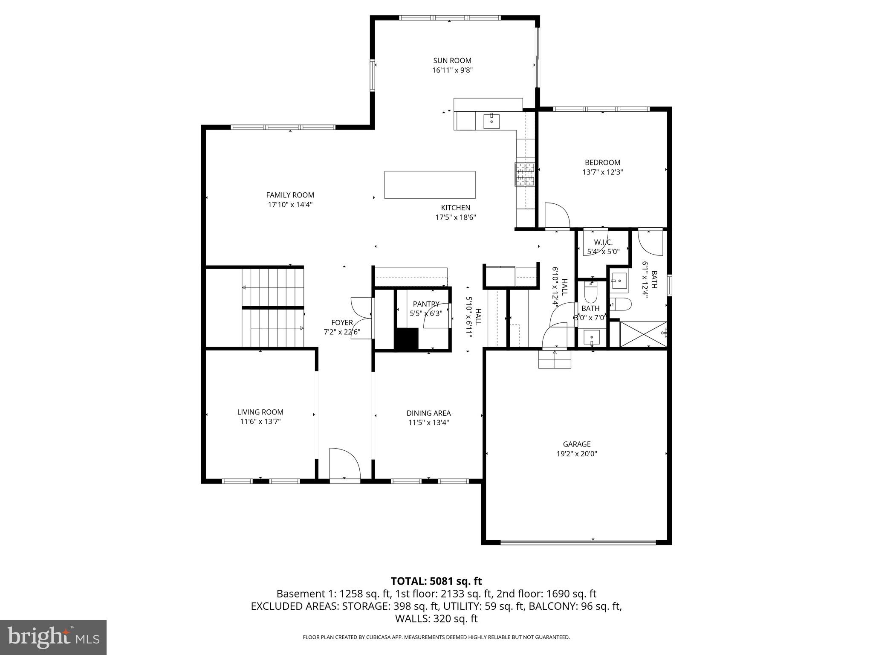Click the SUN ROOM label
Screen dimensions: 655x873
click(452, 61)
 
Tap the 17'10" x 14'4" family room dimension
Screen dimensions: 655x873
click(290, 205)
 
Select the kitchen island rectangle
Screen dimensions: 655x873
click(430, 185)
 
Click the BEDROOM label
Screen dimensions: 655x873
click(602, 162)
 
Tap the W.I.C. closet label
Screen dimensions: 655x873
click(603, 242)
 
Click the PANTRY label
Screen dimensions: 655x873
click(426, 304)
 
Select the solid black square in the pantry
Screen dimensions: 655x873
click(406, 339)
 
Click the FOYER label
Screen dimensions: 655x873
click(342, 323)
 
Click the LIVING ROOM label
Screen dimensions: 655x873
click(260, 412)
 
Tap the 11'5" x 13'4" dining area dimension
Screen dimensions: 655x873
click(428, 423)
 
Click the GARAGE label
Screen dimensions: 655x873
click(576, 444)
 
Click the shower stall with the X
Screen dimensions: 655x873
click(643, 334)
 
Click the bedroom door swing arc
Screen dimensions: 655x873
click(557, 216)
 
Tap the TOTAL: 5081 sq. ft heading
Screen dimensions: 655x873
click(436, 581)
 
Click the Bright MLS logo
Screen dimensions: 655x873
click(53, 638)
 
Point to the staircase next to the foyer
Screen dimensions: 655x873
click(273, 307)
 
